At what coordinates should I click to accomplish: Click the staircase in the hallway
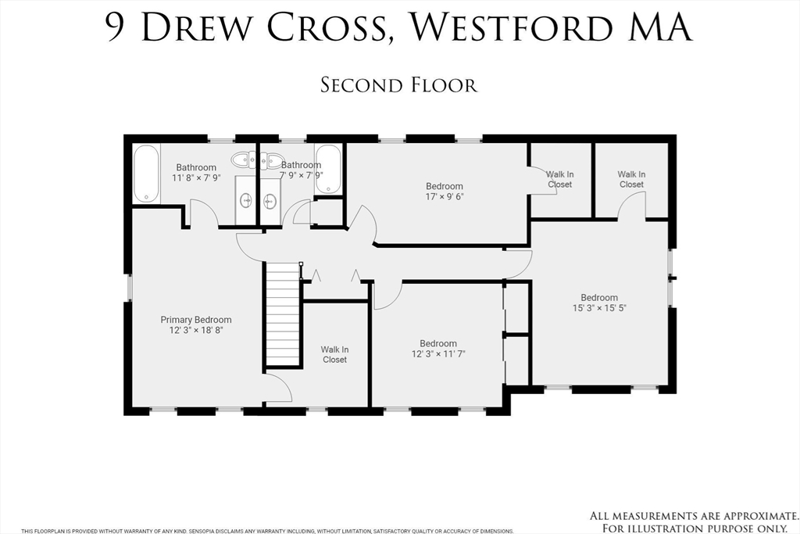click(283, 314)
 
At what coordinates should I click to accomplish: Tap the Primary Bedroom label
click(196, 320)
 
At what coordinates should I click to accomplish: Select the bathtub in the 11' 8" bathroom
click(147, 174)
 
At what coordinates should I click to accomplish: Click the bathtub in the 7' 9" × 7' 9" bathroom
click(328, 169)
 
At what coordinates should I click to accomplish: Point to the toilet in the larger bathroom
click(244, 160)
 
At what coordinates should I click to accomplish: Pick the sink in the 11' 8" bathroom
click(246, 201)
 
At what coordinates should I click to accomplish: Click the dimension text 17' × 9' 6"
click(445, 196)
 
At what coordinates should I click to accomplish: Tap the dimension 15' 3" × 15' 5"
click(599, 308)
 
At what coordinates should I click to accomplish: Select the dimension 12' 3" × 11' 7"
click(438, 354)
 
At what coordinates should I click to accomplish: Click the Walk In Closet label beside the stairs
click(334, 355)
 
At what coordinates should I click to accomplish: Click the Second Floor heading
click(398, 85)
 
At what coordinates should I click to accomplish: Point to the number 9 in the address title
click(116, 27)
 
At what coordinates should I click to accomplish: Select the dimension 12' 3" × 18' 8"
click(196, 330)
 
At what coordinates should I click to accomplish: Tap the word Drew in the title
click(195, 27)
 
